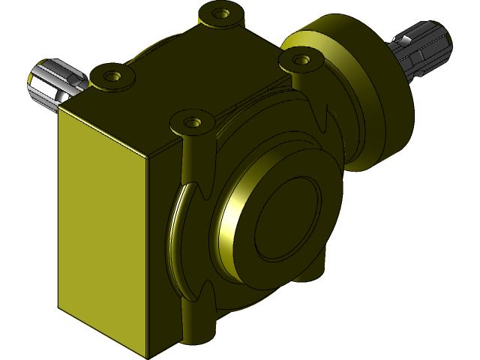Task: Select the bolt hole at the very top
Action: click(x=220, y=13)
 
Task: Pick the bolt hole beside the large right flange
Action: click(x=301, y=58)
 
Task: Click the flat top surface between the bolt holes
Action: click(x=195, y=75)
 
